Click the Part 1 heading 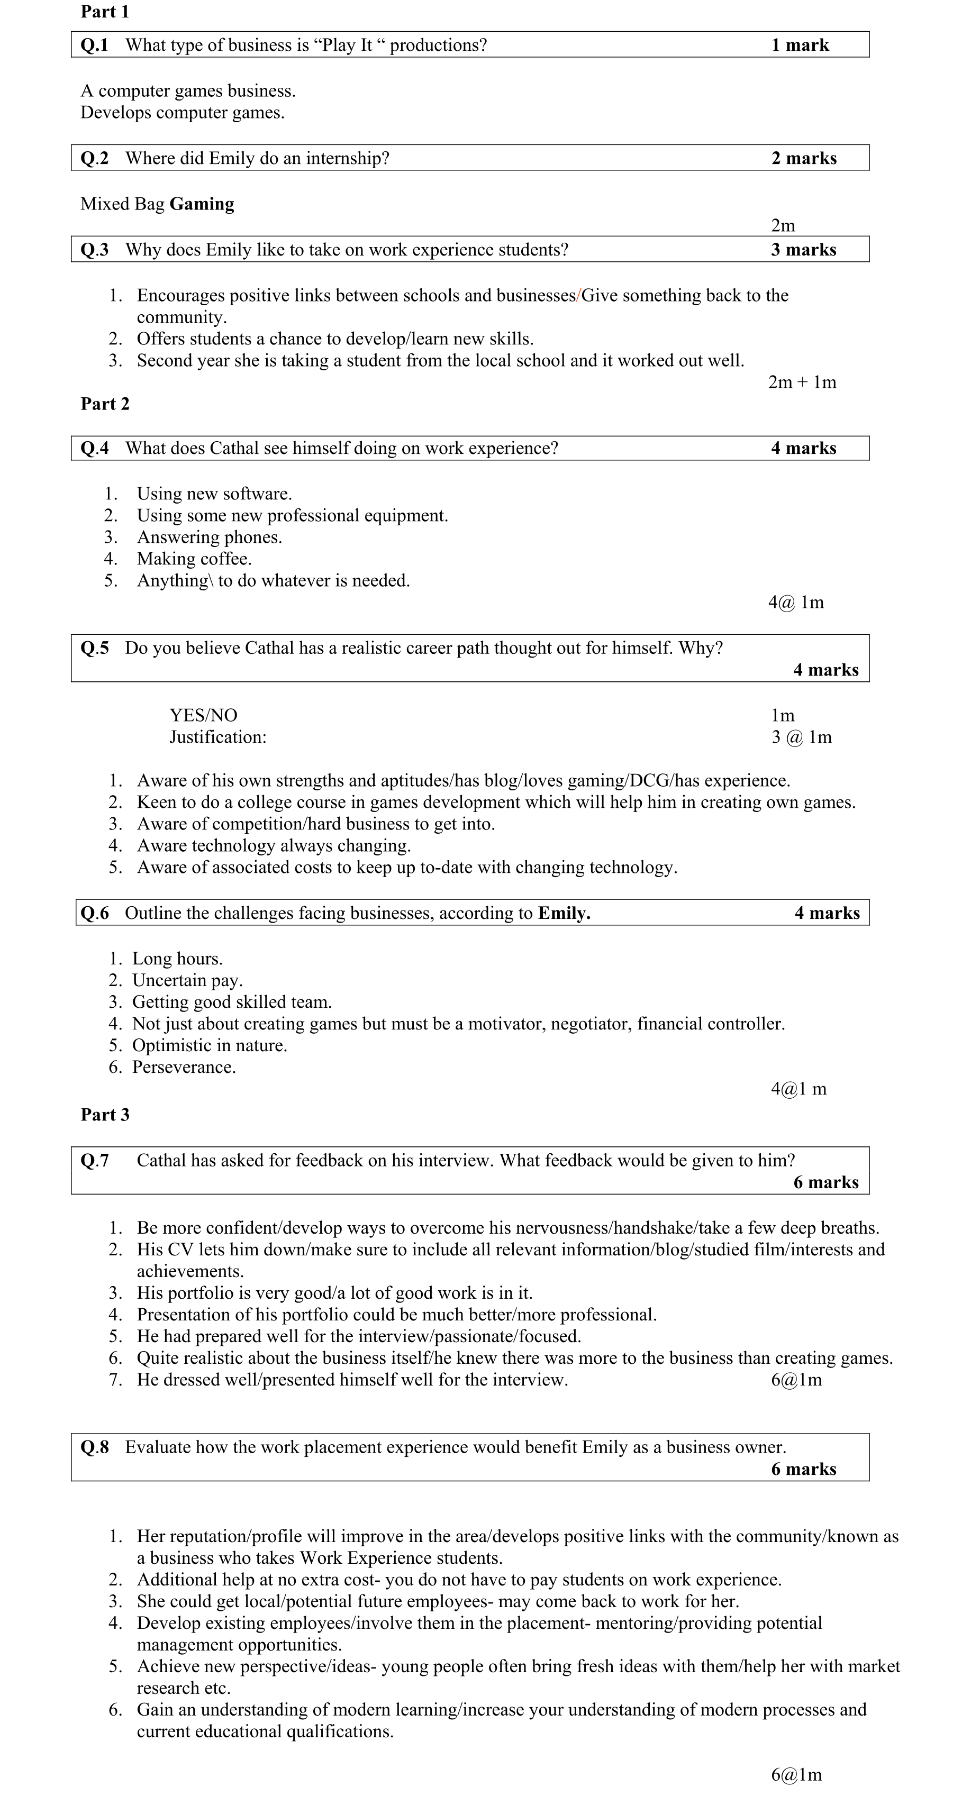[105, 12]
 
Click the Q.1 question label [95, 45]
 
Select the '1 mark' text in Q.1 [800, 45]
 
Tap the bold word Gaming [202, 204]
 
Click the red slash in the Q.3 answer [578, 296]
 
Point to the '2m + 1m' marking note [802, 382]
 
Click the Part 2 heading [105, 404]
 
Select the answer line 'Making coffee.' [194, 559]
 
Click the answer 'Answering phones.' [210, 537]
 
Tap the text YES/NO [203, 715]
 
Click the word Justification [217, 737]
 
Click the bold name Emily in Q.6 [564, 913]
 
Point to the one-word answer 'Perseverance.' [184, 1066]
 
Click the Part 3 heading [105, 1114]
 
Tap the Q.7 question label [95, 1160]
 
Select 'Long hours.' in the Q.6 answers [177, 959]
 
